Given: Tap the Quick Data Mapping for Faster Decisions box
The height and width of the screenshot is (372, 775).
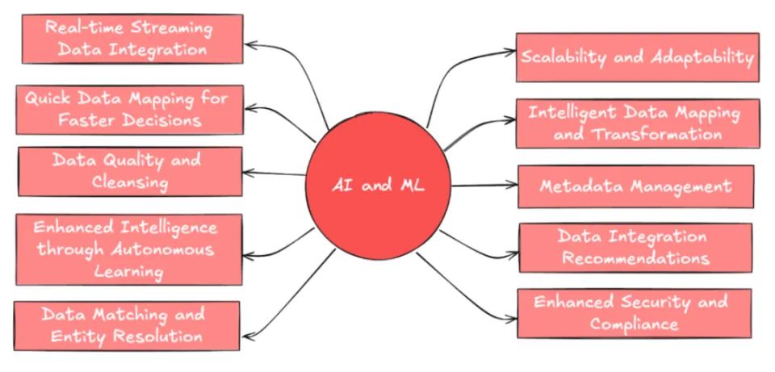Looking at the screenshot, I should [129, 110].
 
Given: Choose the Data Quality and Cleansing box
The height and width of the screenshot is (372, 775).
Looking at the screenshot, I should [129, 171].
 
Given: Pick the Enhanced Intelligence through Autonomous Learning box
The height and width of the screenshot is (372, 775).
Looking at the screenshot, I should [129, 249].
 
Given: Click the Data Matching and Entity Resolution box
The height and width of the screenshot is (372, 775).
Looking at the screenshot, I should [128, 325].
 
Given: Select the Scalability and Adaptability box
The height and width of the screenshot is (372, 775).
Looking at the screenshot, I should [637, 57].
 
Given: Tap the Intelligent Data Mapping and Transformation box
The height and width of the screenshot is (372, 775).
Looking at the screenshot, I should [637, 123].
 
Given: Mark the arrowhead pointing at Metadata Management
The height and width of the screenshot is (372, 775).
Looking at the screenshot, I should [513, 186].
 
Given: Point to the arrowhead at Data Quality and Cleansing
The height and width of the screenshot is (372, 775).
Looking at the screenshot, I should [248, 172].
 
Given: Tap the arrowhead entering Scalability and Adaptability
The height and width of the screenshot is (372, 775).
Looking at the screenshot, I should [513, 53].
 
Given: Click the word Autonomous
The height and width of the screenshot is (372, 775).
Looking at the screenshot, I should [165, 249].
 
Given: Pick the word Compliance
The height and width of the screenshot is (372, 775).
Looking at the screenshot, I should [634, 324].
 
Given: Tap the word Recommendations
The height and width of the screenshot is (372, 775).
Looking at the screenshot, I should [635, 258].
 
